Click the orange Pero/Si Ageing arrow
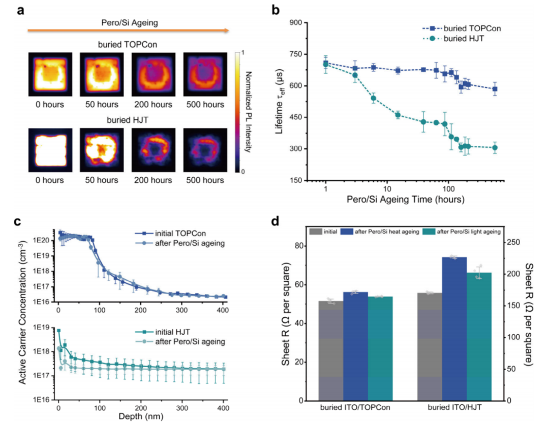128,31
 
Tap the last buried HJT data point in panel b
495,148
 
